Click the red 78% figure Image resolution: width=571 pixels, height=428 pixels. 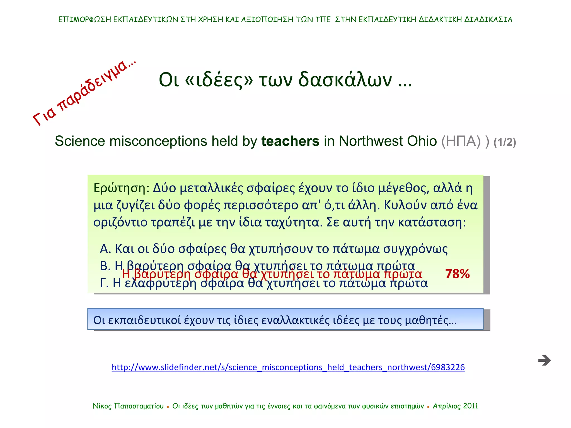tap(457, 274)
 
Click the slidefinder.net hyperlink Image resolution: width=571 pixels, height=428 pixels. tap(288, 367)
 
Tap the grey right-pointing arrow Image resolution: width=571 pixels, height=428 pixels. tap(545, 360)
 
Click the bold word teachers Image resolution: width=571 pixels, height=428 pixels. tap(290, 141)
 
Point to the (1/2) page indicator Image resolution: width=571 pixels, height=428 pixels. tap(505, 142)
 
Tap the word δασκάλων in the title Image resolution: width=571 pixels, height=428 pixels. tap(345, 80)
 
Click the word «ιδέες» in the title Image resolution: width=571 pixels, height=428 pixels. tap(219, 80)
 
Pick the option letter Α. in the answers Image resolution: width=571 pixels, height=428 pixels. tap(105, 249)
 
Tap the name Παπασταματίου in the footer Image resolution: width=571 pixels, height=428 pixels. tap(139, 406)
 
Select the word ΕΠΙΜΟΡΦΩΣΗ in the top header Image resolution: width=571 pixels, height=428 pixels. tap(85, 20)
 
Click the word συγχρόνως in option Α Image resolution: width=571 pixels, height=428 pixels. tap(415, 249)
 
